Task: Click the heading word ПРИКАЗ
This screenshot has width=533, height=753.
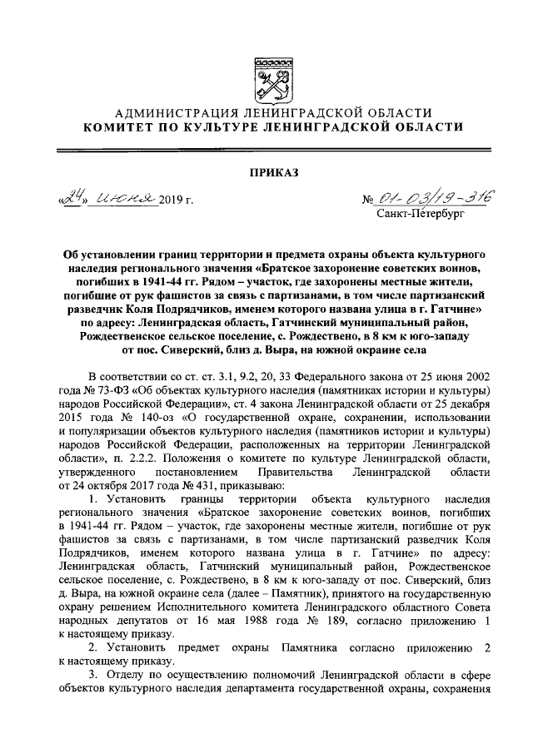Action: coord(266,172)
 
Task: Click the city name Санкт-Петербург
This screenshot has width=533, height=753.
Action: coord(421,214)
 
